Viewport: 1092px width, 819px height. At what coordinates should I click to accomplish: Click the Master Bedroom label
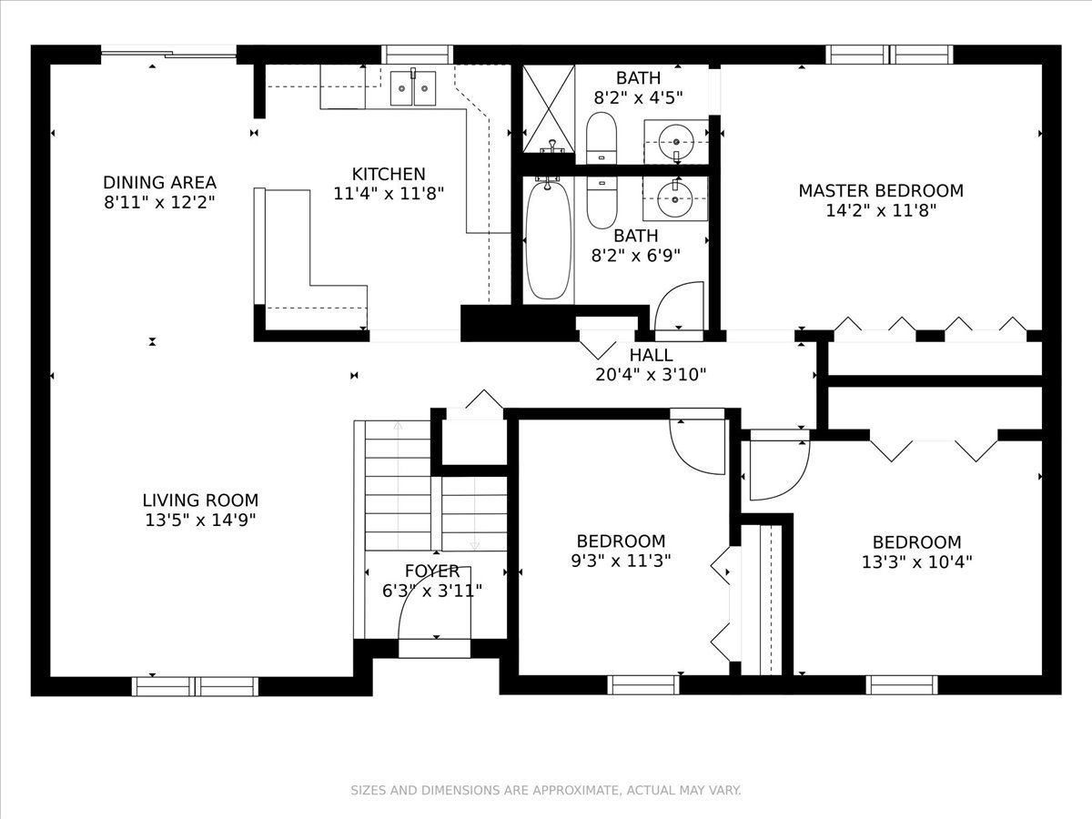click(881, 190)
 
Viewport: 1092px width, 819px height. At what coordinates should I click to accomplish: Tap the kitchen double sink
click(412, 88)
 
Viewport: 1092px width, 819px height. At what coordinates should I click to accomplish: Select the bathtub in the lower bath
click(548, 240)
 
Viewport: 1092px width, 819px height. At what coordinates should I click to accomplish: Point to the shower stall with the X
click(549, 108)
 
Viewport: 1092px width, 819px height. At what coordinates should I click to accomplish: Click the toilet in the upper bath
click(601, 137)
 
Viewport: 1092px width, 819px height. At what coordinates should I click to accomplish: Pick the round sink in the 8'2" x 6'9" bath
click(674, 199)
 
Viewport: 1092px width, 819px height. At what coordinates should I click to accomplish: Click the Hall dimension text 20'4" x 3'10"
click(651, 374)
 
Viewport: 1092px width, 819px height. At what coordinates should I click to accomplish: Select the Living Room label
click(200, 500)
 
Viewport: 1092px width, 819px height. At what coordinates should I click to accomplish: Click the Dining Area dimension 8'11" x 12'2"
click(159, 202)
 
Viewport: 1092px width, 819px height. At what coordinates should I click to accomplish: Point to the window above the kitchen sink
click(418, 55)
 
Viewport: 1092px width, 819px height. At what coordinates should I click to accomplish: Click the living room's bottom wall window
click(195, 686)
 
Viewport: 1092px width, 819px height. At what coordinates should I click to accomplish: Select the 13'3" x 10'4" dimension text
click(917, 561)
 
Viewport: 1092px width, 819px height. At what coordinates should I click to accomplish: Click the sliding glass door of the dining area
click(168, 52)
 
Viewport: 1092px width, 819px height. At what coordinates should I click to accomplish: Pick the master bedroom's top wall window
click(889, 55)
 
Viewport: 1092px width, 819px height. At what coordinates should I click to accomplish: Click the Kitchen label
click(389, 174)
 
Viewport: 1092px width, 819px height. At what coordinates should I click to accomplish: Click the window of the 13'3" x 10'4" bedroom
click(902, 685)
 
